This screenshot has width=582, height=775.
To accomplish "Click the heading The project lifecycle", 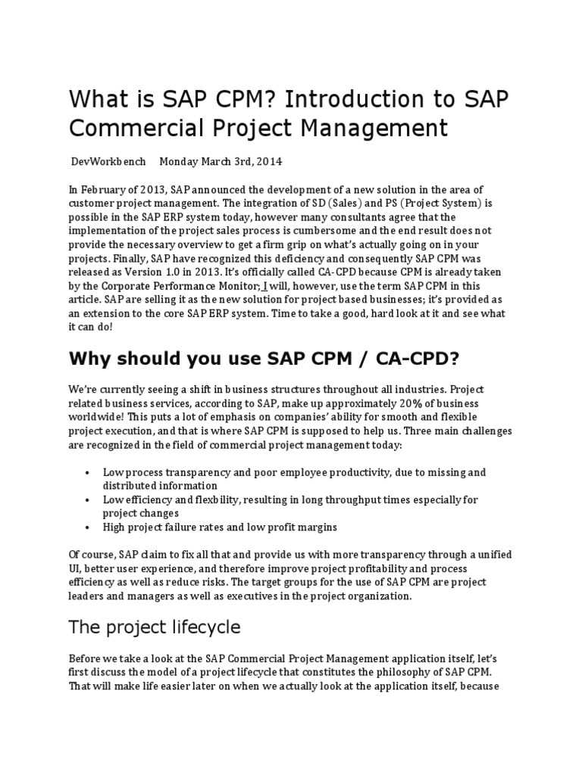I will coord(155,627).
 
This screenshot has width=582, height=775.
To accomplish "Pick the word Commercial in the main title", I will coord(135,128).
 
